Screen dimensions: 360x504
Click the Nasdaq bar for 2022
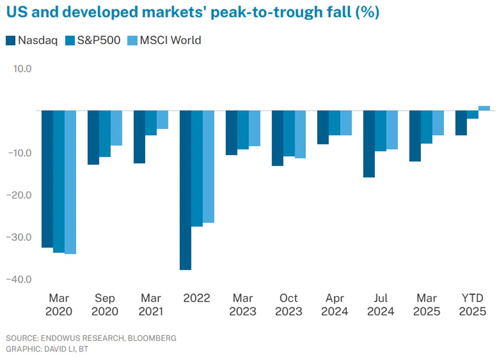[185, 190]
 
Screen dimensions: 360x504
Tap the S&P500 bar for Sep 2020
[105, 133]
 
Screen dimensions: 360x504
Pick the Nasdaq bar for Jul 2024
[369, 144]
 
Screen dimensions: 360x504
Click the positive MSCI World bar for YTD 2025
[484, 108]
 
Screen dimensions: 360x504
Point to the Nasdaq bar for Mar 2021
[139, 137]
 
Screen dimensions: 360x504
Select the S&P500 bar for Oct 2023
[289, 133]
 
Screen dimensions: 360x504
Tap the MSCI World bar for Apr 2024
[346, 123]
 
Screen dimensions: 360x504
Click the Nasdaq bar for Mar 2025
[415, 136]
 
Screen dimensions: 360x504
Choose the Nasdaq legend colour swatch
[11, 41]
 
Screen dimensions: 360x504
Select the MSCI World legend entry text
[171, 41]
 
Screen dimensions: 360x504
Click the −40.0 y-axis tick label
[19, 279]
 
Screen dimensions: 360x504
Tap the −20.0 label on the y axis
[19, 195]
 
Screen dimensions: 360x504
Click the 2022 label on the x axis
[197, 298]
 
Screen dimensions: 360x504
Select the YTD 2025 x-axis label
[473, 304]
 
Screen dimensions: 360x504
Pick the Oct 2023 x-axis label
[289, 304]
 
